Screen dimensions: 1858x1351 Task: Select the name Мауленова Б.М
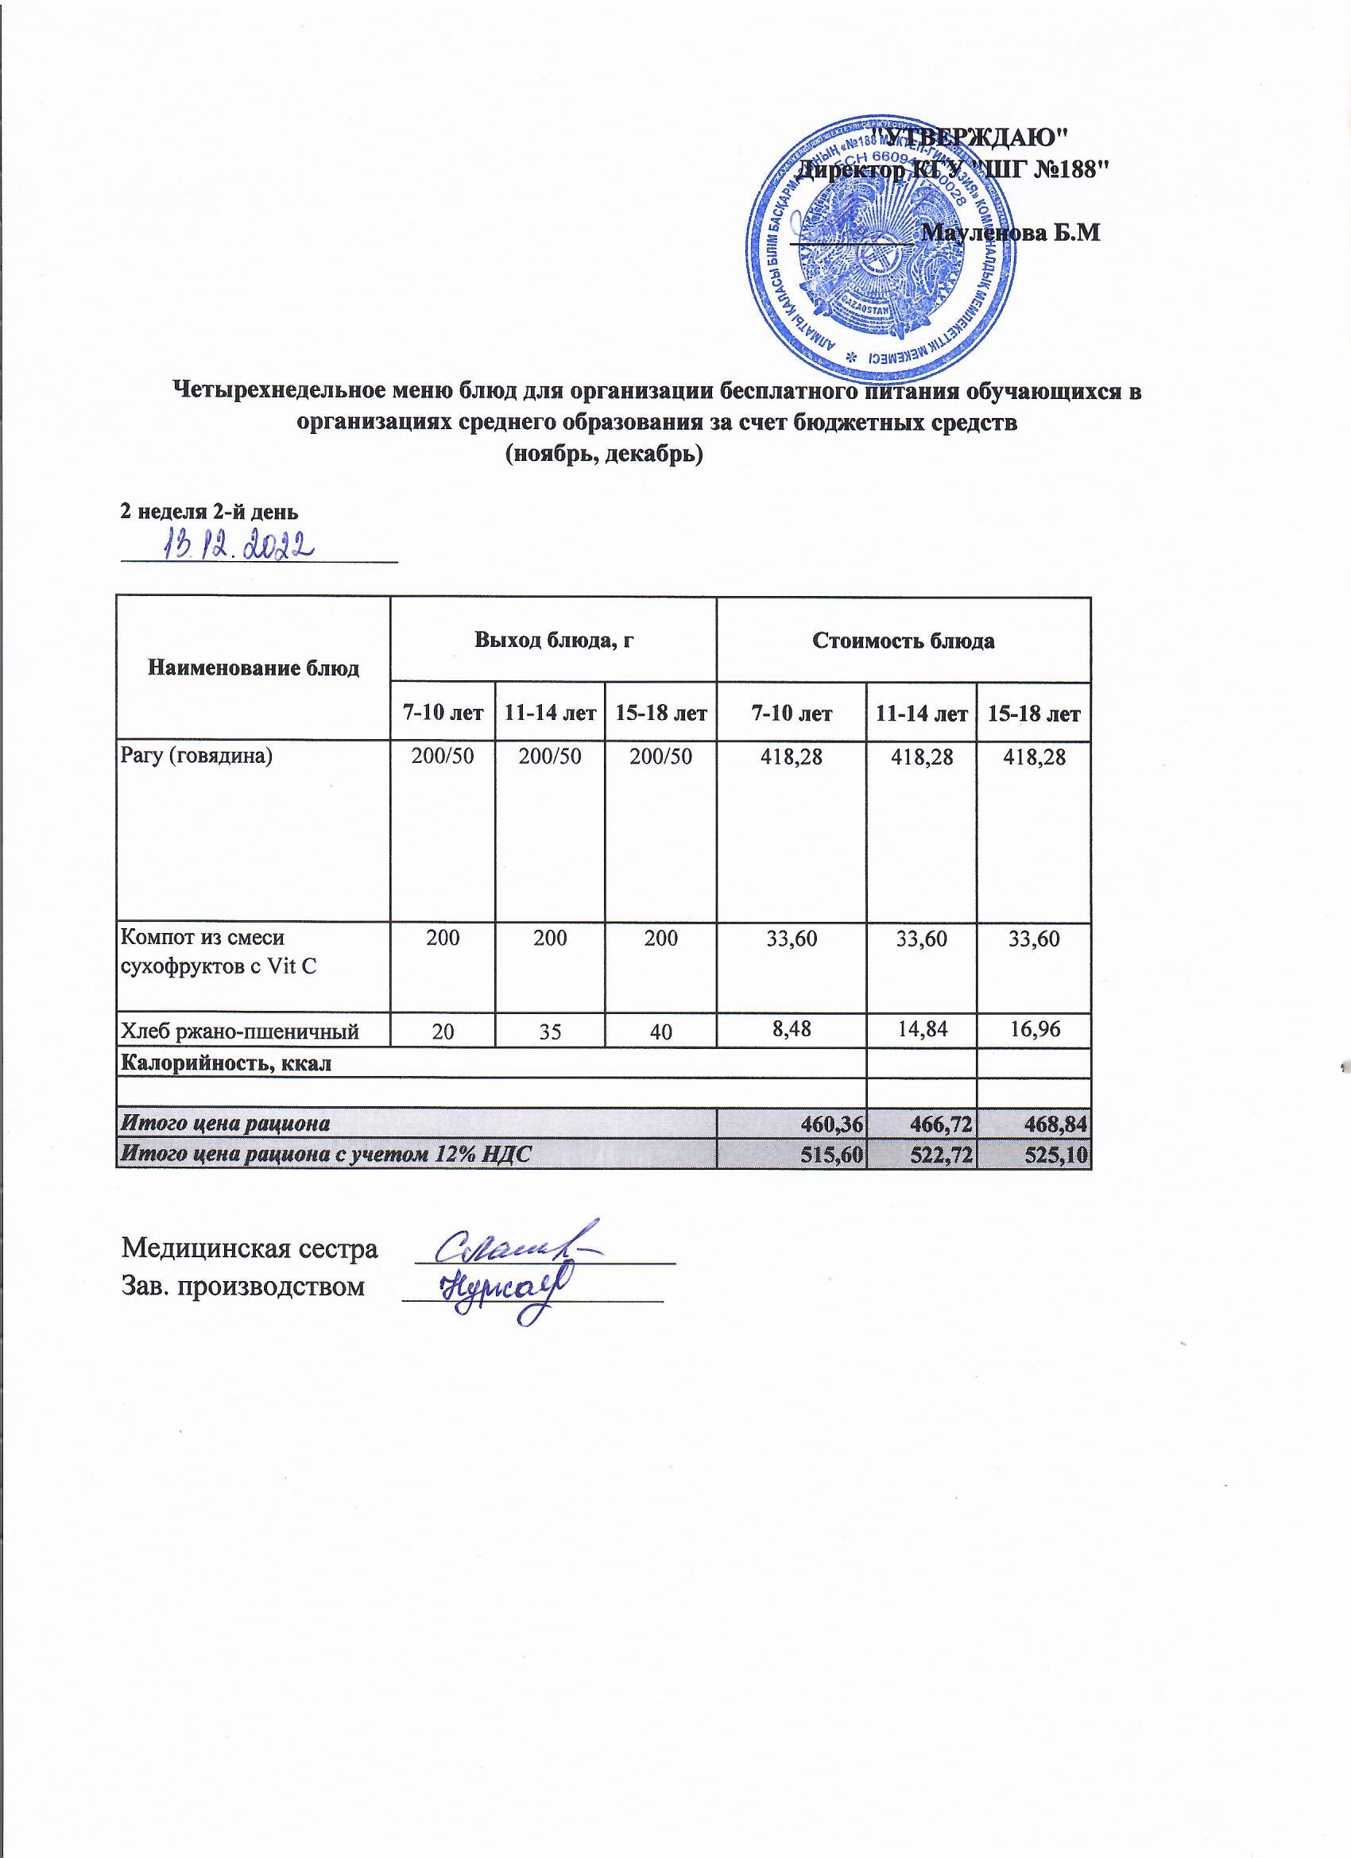(x=1010, y=233)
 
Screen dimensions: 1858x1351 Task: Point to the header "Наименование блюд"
(x=254, y=668)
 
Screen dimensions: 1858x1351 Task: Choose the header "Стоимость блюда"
(x=903, y=641)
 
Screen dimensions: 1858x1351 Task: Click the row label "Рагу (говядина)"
(x=195, y=755)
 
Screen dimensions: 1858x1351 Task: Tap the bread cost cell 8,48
(x=792, y=1029)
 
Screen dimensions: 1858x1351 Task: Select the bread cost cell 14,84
(x=921, y=1030)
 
